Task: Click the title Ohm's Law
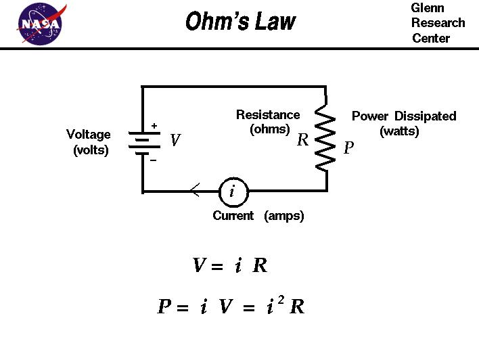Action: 240,22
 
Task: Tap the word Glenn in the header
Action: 428,7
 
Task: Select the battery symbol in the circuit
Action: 142,143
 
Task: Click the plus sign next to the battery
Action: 154,125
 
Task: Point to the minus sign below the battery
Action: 153,160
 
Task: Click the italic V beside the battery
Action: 175,141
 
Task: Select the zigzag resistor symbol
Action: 326,141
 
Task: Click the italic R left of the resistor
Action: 303,141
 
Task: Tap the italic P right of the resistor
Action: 348,148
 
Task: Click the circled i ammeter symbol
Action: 233,192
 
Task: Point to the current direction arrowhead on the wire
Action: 194,192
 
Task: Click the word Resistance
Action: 268,115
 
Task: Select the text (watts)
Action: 399,131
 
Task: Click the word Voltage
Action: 89,135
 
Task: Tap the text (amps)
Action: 284,216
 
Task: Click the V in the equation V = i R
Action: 199,266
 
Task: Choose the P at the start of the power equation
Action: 164,307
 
